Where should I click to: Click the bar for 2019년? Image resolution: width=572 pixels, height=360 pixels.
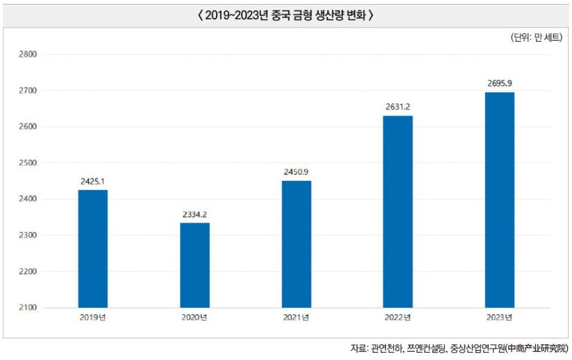(93, 248)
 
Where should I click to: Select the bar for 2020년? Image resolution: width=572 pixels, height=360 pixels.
(195, 265)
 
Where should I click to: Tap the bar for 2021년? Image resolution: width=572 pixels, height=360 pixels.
(296, 244)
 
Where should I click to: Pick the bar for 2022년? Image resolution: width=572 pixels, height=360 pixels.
(398, 211)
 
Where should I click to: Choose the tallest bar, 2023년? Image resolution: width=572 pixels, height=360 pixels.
(500, 199)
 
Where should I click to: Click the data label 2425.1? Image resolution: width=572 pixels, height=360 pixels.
(93, 181)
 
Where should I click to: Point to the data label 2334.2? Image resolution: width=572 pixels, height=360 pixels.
(195, 214)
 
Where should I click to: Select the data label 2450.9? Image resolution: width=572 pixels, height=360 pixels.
(296, 172)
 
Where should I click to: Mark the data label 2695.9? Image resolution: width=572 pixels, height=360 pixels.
(500, 84)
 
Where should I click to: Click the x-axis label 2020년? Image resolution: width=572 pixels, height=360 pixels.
(195, 318)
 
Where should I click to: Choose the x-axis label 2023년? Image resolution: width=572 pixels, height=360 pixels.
(500, 318)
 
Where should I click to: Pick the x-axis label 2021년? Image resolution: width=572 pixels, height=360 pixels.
(296, 318)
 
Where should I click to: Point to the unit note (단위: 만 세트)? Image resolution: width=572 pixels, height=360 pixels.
(536, 38)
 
